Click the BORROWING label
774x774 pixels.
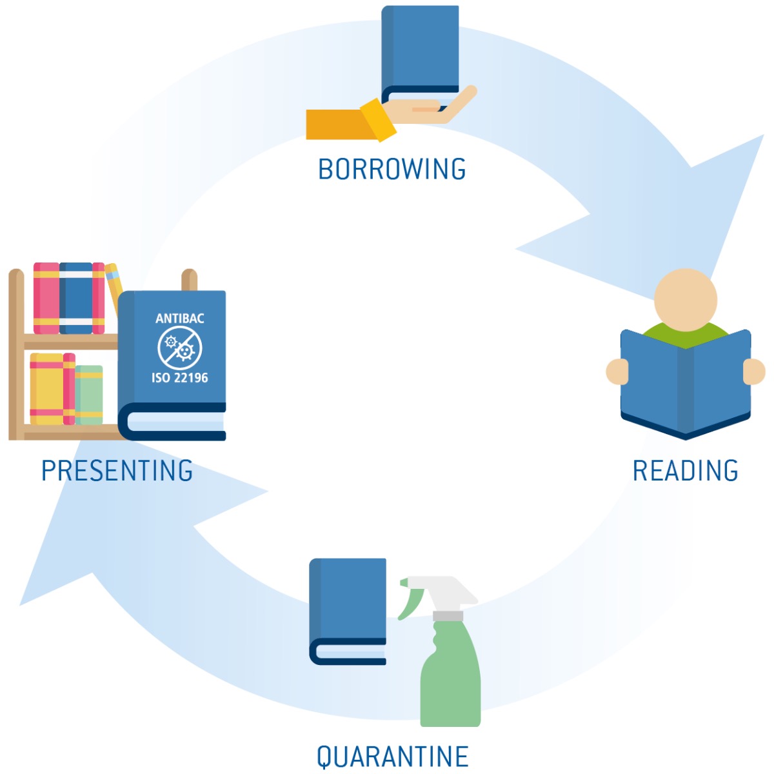pos(392,169)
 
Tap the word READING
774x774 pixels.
pos(685,470)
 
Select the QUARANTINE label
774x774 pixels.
pos(392,757)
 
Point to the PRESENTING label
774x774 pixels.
pos(117,470)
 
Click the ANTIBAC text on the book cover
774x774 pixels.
pos(179,319)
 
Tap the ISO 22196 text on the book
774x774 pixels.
pos(179,377)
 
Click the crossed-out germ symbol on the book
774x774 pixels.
pos(179,348)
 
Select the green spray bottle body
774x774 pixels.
pos(450,675)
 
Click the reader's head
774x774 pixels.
pos(685,300)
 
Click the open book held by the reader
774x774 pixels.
pos(685,384)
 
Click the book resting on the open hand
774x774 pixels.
pos(420,56)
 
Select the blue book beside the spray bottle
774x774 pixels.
pos(348,611)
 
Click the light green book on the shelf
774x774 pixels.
pos(89,395)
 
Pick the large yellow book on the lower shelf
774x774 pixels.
pos(46,389)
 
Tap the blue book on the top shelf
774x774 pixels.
pos(76,298)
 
